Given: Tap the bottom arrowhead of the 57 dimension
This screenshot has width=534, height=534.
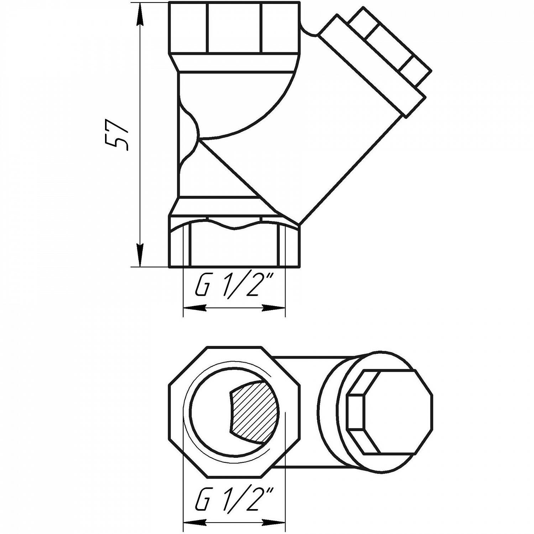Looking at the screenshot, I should tap(141, 255).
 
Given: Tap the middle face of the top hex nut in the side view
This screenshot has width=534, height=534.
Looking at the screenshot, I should tap(234, 28).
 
